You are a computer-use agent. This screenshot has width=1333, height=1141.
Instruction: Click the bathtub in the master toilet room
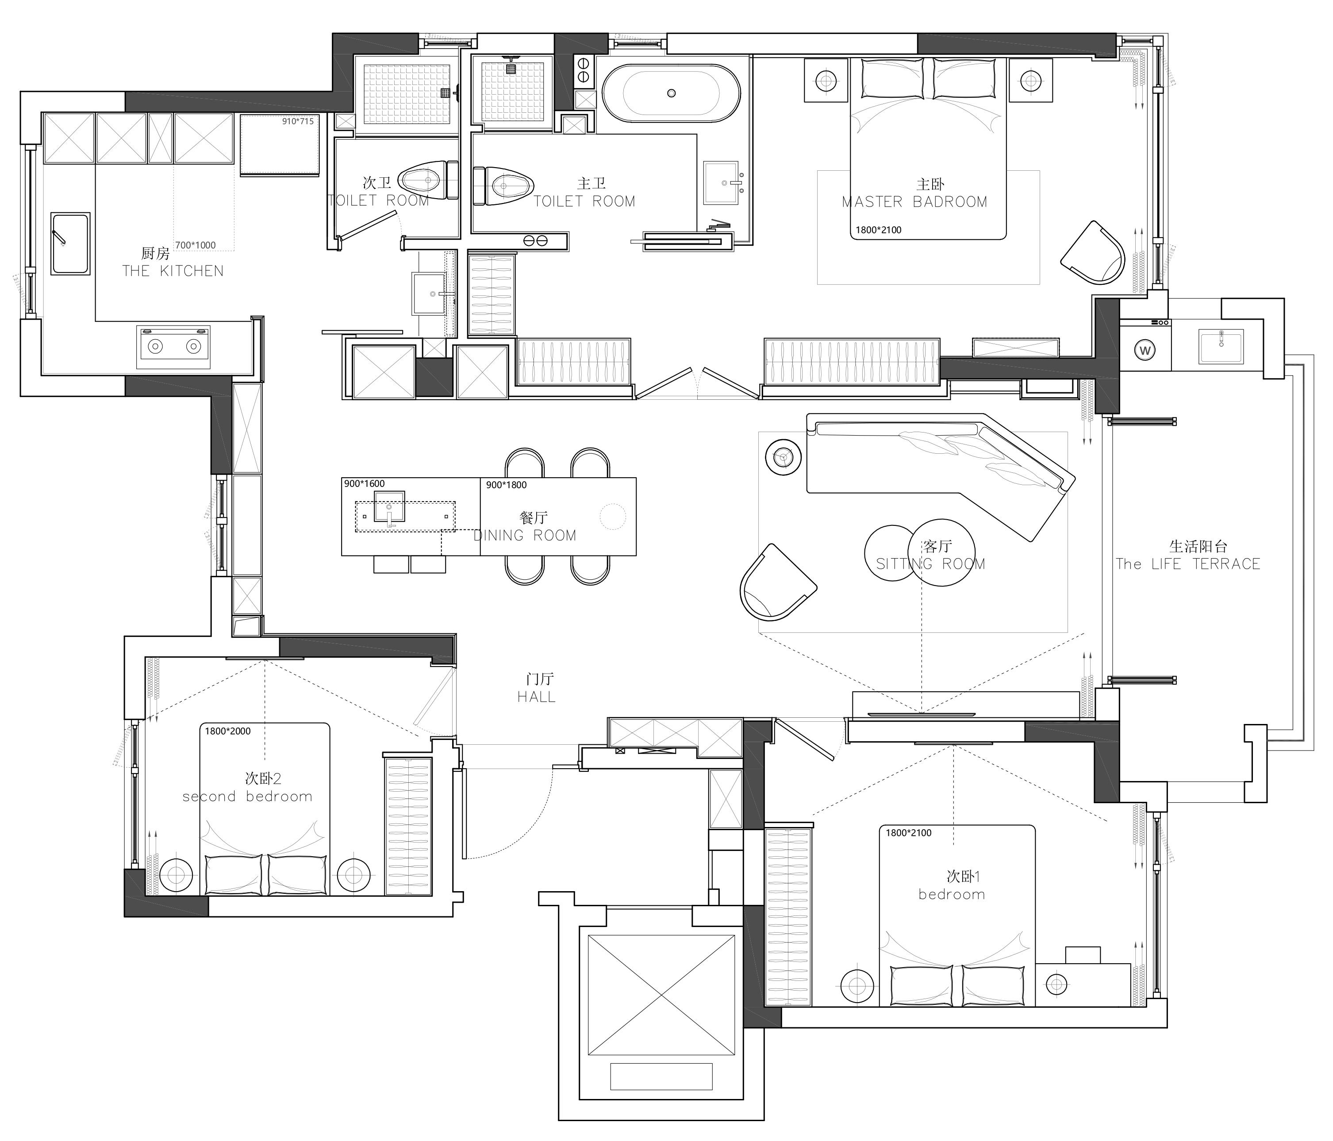click(x=671, y=93)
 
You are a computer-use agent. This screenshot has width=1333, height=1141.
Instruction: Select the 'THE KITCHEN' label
click(x=173, y=271)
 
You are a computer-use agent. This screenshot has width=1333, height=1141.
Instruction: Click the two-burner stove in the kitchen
click(x=174, y=347)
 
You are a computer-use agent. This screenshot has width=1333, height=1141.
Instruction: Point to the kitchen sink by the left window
click(x=70, y=244)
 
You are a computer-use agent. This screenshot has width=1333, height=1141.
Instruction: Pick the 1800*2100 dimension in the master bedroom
click(x=878, y=230)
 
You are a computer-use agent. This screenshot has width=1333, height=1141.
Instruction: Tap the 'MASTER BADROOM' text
click(x=914, y=202)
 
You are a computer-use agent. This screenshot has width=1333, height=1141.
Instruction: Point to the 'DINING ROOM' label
click(x=525, y=535)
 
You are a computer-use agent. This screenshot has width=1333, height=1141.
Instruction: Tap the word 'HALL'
click(x=537, y=697)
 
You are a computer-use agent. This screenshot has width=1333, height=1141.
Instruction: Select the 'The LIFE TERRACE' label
click(x=1187, y=564)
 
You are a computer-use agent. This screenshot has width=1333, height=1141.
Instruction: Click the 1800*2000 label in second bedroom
click(x=228, y=731)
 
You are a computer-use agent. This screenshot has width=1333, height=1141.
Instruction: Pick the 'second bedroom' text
click(x=247, y=797)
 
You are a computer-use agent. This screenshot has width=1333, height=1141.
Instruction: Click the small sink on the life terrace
click(x=1221, y=347)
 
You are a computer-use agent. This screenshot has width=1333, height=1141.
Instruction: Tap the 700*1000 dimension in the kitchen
click(x=196, y=245)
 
